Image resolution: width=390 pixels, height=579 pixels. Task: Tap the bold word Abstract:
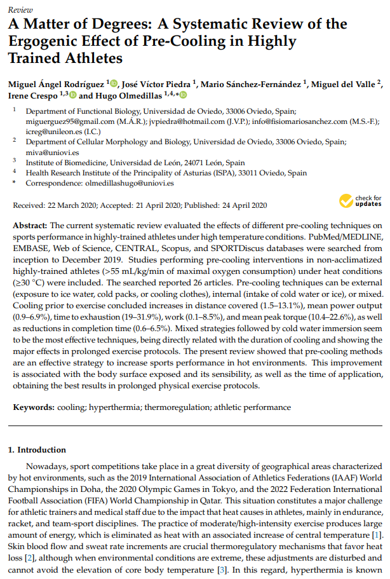30,226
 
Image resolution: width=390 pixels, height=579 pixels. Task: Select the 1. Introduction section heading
37,449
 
